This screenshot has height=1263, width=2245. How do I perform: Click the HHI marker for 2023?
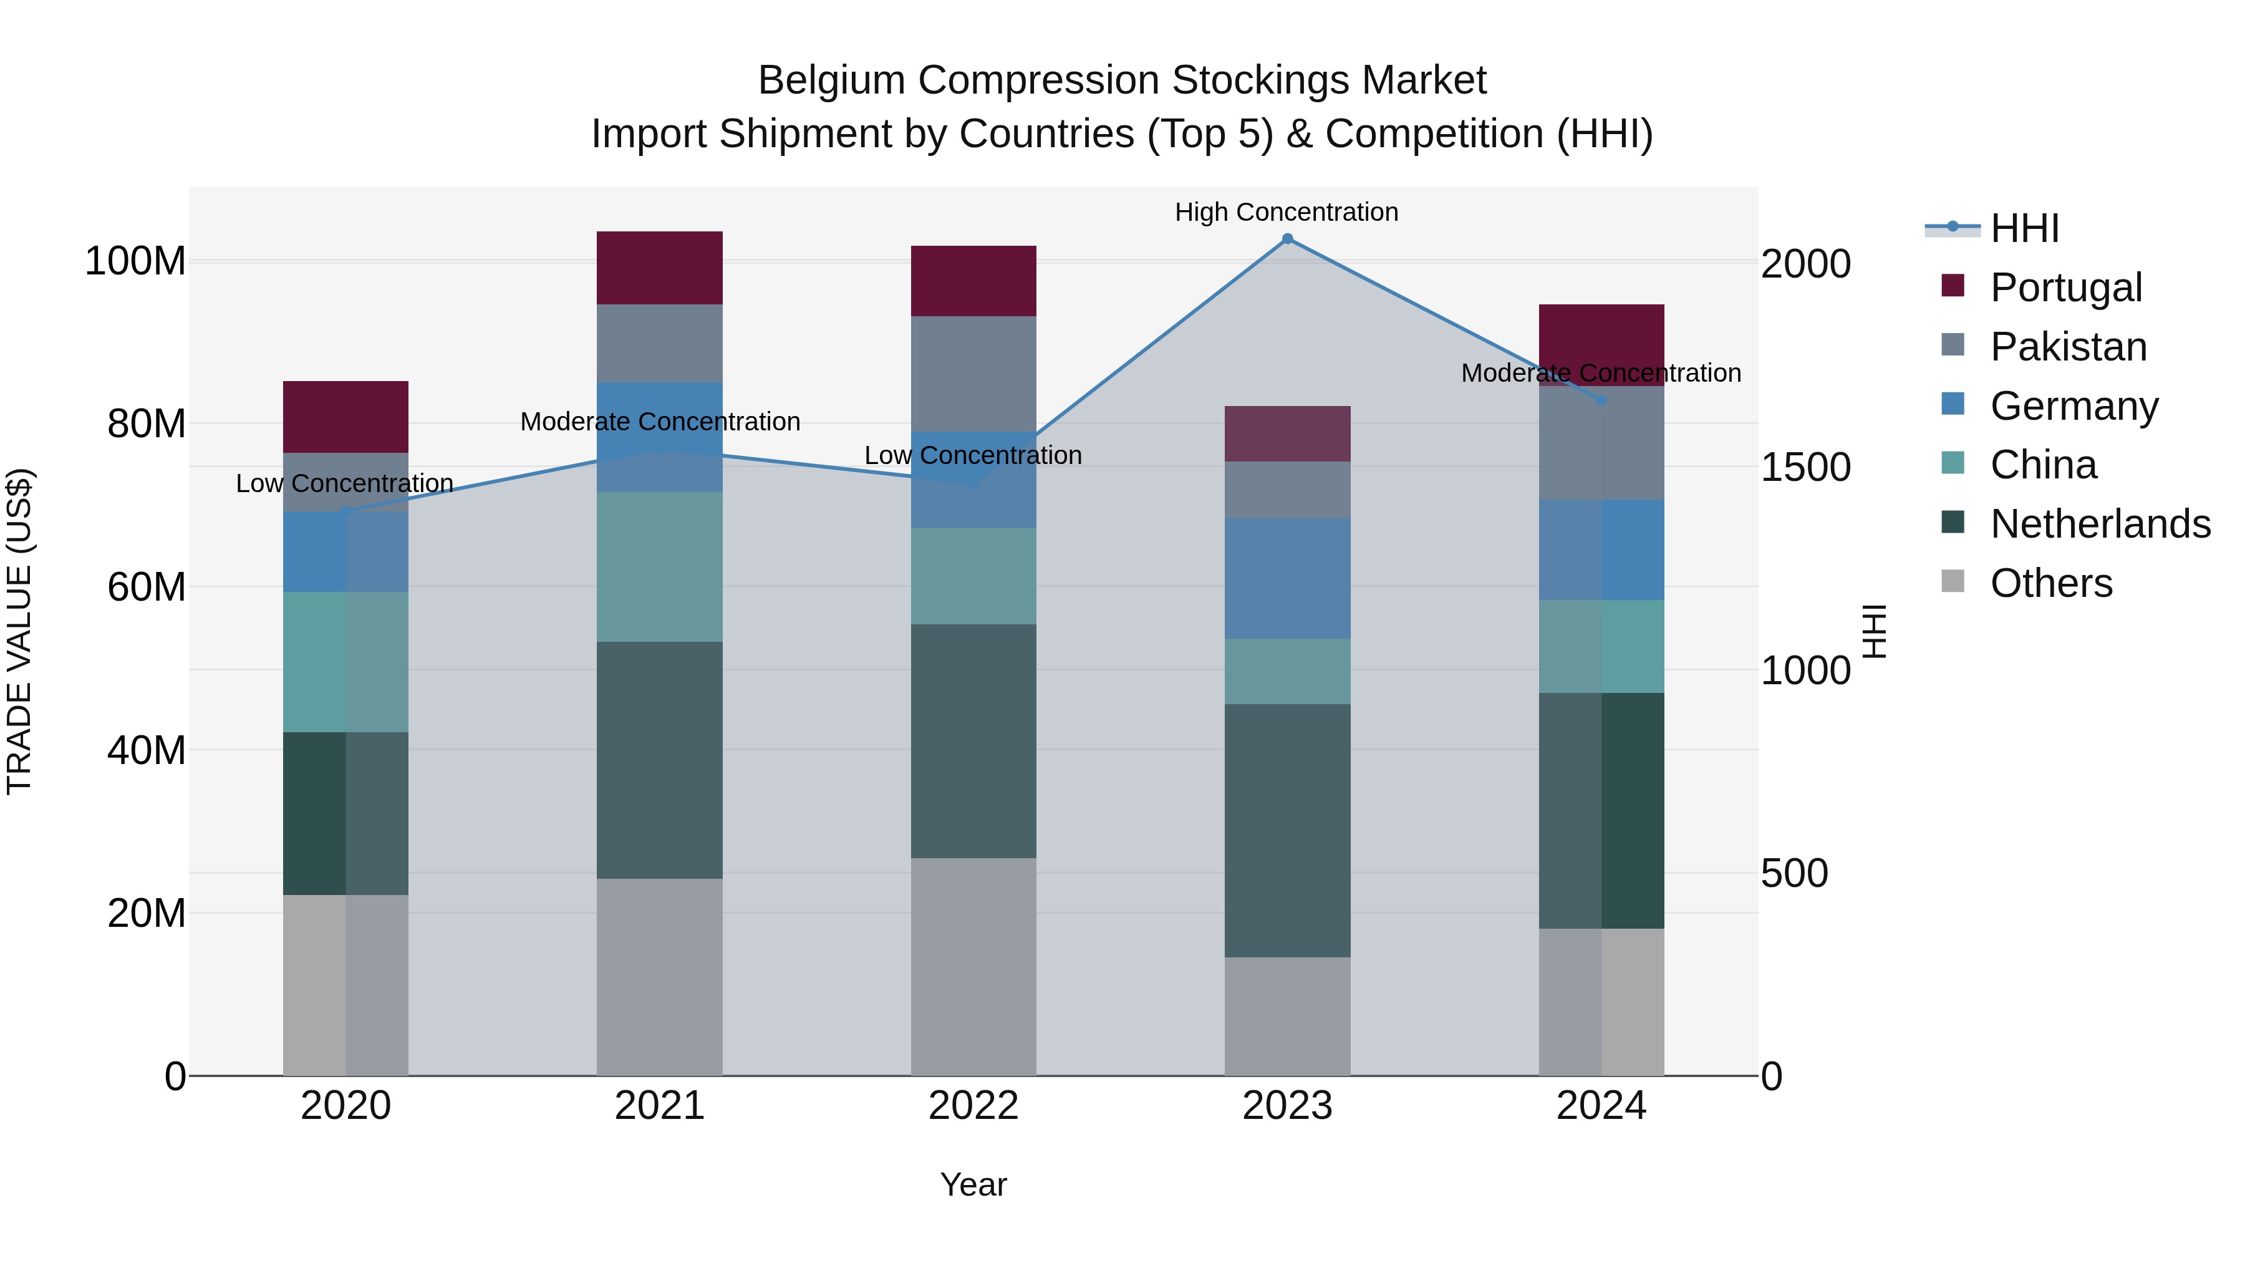pyautogui.click(x=1287, y=239)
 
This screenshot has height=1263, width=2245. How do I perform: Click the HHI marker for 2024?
pyautogui.click(x=1601, y=400)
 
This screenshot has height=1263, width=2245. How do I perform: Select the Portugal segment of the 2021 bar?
pyautogui.click(x=660, y=268)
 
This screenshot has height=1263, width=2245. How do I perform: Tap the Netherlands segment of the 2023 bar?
pyautogui.click(x=1287, y=831)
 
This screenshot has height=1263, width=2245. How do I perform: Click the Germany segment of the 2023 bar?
pyautogui.click(x=1287, y=578)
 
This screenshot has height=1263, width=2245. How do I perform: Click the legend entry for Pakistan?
pyautogui.click(x=2068, y=347)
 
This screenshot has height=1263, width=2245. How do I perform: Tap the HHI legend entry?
pyautogui.click(x=2024, y=228)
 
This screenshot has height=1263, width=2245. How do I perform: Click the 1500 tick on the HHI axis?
pyautogui.click(x=1805, y=467)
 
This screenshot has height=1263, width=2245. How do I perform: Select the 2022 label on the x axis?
pyautogui.click(x=973, y=1106)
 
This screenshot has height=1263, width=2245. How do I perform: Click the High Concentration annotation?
pyautogui.click(x=1287, y=212)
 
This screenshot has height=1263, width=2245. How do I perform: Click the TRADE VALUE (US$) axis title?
pyautogui.click(x=19, y=631)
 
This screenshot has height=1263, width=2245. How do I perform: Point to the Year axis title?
pyautogui.click(x=973, y=1184)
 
